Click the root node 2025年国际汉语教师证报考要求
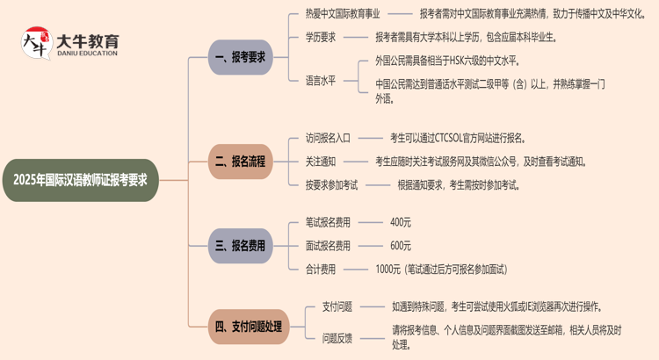click(x=81, y=180)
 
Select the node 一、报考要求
click(x=241, y=57)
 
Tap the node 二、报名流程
click(x=241, y=162)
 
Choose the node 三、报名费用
click(x=241, y=246)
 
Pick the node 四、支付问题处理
click(x=249, y=327)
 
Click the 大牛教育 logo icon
click(x=37, y=43)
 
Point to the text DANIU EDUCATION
click(x=87, y=54)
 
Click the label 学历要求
click(x=321, y=38)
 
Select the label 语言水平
click(x=321, y=81)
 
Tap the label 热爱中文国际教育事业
click(x=343, y=14)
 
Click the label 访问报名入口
click(x=328, y=138)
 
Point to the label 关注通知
click(x=321, y=162)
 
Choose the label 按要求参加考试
click(x=331, y=185)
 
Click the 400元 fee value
click(x=401, y=222)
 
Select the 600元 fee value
click(x=401, y=246)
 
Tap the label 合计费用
click(x=321, y=270)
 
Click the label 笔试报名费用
click(x=328, y=222)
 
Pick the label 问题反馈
click(x=337, y=338)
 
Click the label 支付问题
click(x=337, y=306)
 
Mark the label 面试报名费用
click(x=328, y=246)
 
